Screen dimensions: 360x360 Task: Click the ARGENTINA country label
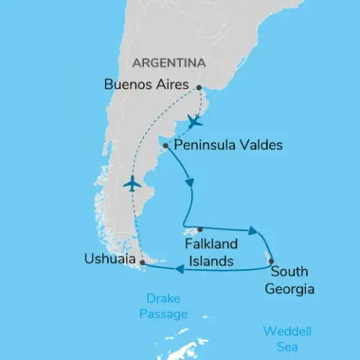click(x=170, y=61)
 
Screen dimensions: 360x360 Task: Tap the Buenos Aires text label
click(x=146, y=85)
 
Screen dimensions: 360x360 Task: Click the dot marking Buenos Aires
click(x=198, y=88)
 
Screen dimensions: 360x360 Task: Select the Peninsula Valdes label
click(x=228, y=145)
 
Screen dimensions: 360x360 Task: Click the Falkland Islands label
click(x=211, y=253)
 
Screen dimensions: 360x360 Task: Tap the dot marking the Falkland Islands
click(x=199, y=230)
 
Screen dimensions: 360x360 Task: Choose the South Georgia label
click(x=292, y=280)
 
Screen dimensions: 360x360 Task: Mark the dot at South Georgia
click(x=271, y=262)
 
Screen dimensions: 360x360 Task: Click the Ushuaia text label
click(x=111, y=260)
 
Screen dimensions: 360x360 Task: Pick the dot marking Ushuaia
click(x=142, y=262)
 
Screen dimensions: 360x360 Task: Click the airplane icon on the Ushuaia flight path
click(x=132, y=184)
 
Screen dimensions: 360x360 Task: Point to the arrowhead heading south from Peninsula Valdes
click(x=194, y=183)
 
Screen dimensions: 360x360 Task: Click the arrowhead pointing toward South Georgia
click(x=255, y=232)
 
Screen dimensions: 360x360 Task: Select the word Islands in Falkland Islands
click(x=211, y=261)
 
